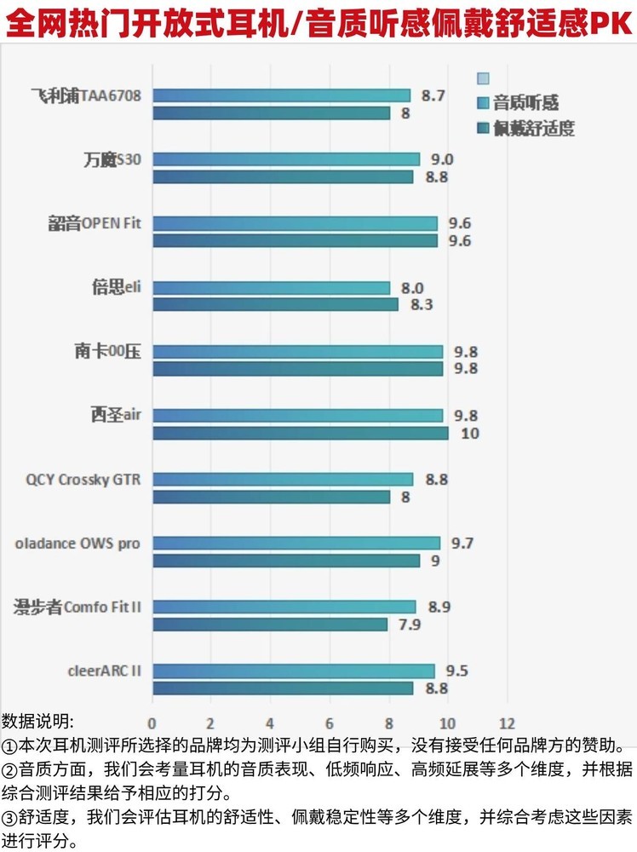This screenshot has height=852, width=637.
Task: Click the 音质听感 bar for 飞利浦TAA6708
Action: [281, 95]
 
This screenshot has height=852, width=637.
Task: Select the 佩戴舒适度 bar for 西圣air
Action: [300, 433]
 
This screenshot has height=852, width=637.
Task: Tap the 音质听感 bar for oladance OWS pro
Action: [296, 543]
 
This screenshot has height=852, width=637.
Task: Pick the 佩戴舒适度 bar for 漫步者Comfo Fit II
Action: [269, 625]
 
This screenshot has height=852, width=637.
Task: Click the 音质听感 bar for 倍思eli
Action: [271, 288]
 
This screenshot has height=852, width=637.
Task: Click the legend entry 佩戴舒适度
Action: [534, 129]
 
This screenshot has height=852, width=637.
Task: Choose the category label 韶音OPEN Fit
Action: [94, 224]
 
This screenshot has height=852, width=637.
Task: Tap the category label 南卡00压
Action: [107, 352]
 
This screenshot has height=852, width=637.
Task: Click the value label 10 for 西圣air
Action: [469, 434]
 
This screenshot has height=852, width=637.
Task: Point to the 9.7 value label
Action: [462, 543]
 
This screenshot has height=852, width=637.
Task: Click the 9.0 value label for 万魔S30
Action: [441, 159]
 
